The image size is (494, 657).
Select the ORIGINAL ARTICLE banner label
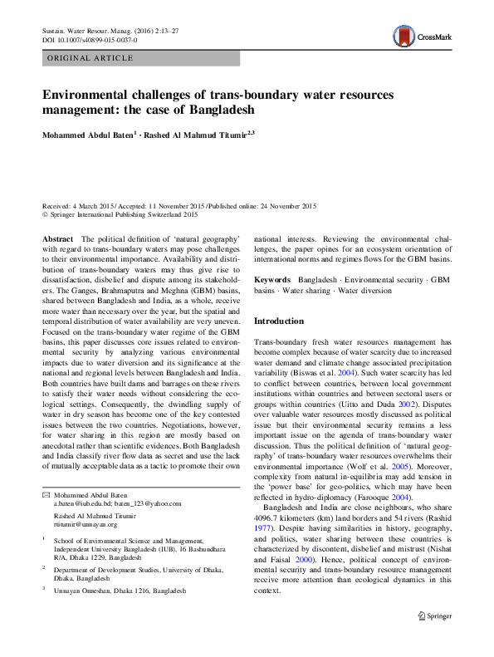pos(91,58)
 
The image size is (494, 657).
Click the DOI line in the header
pos(90,39)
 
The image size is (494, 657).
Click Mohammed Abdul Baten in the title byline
pos(86,133)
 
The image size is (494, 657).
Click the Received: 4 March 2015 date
pos(81,205)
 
